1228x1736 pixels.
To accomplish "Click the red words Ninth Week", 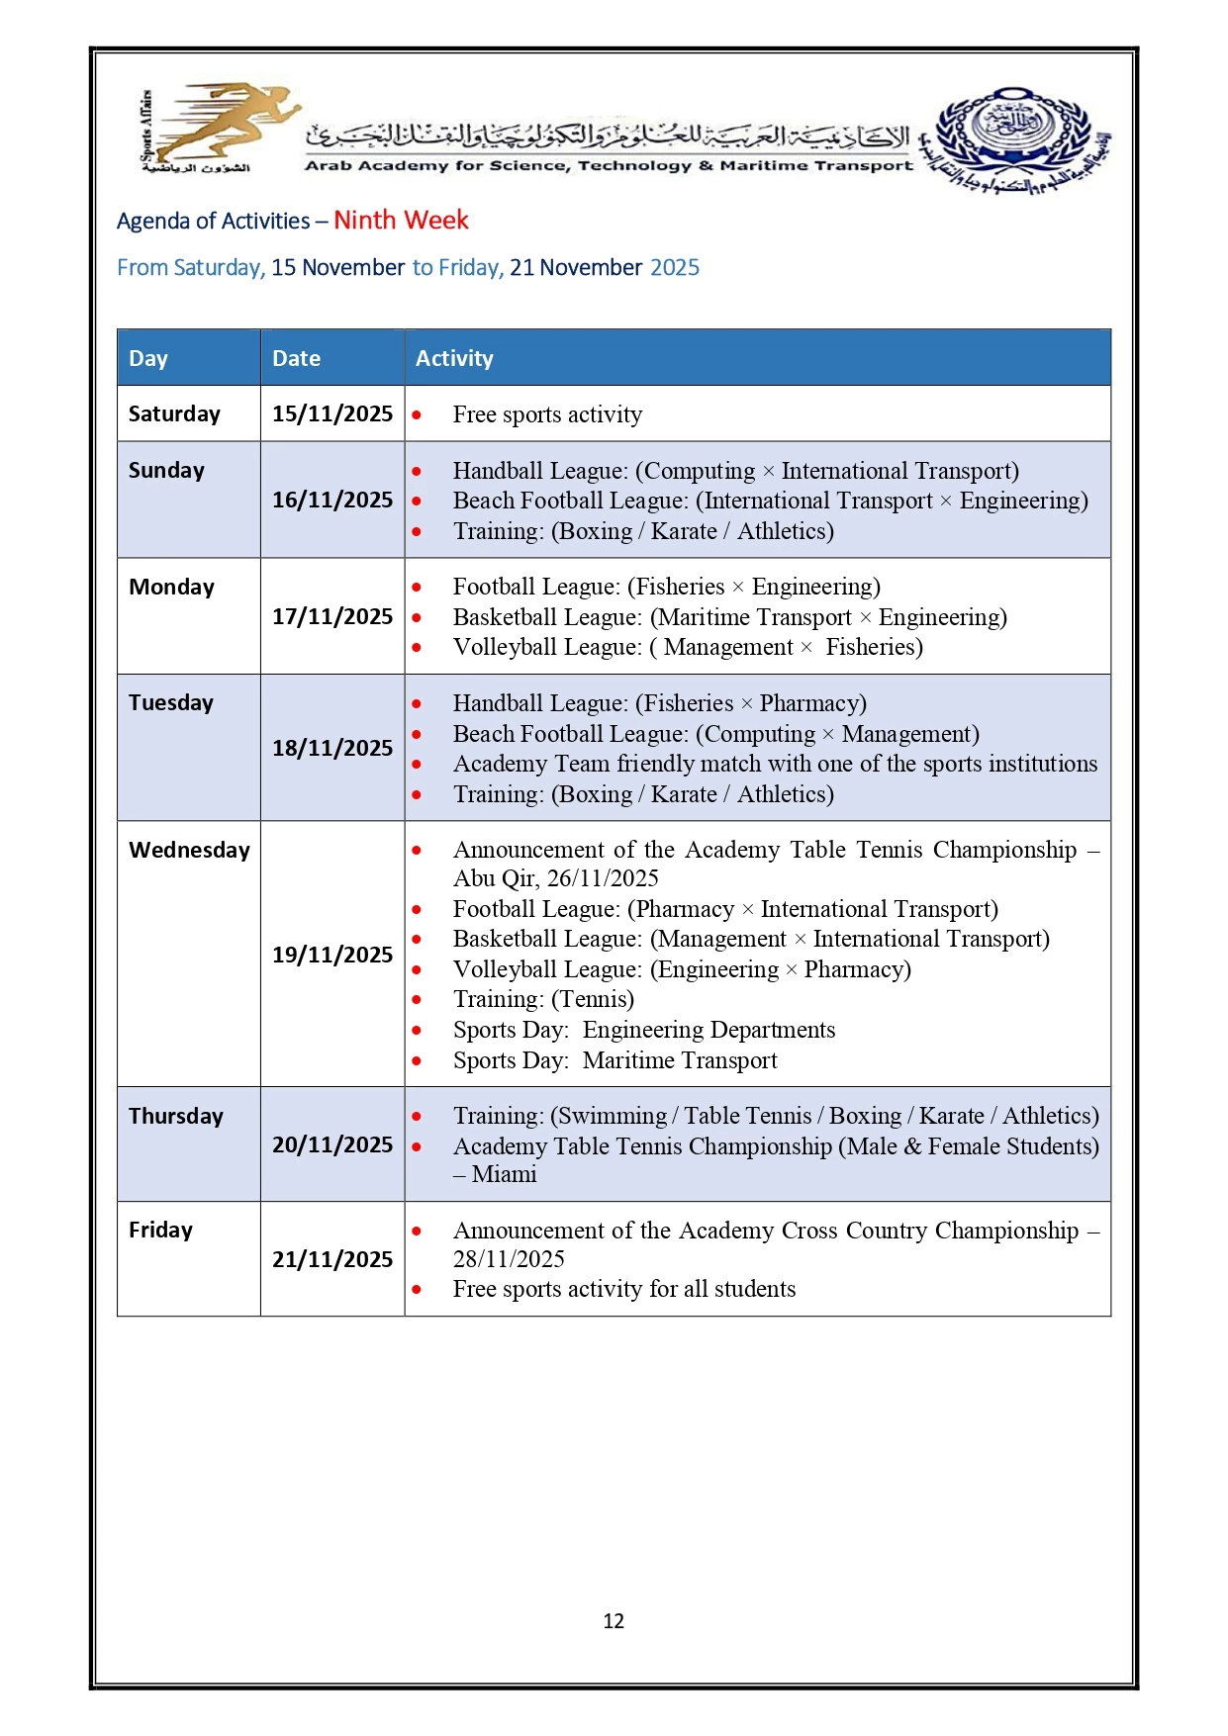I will pyautogui.click(x=401, y=220).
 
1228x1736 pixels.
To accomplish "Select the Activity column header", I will pyautogui.click(x=454, y=358).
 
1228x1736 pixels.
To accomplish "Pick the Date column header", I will pyautogui.click(x=296, y=358).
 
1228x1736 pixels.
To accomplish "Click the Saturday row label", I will pyautogui.click(x=174, y=413).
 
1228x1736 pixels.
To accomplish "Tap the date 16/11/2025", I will pyautogui.click(x=332, y=500).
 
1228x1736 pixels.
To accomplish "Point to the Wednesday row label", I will pyautogui.click(x=189, y=850).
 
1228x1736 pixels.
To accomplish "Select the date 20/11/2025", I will pyautogui.click(x=332, y=1144).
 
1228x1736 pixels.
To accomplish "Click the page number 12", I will pyautogui.click(x=614, y=1620).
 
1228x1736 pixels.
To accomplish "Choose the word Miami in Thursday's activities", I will pyautogui.click(x=505, y=1174).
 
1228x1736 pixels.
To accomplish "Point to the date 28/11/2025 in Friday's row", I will pyautogui.click(x=509, y=1259).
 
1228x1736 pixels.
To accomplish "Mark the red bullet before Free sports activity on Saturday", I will pyautogui.click(x=417, y=415).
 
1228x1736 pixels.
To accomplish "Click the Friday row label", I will pyautogui.click(x=160, y=1230).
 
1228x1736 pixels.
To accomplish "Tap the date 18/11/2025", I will pyautogui.click(x=332, y=748).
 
